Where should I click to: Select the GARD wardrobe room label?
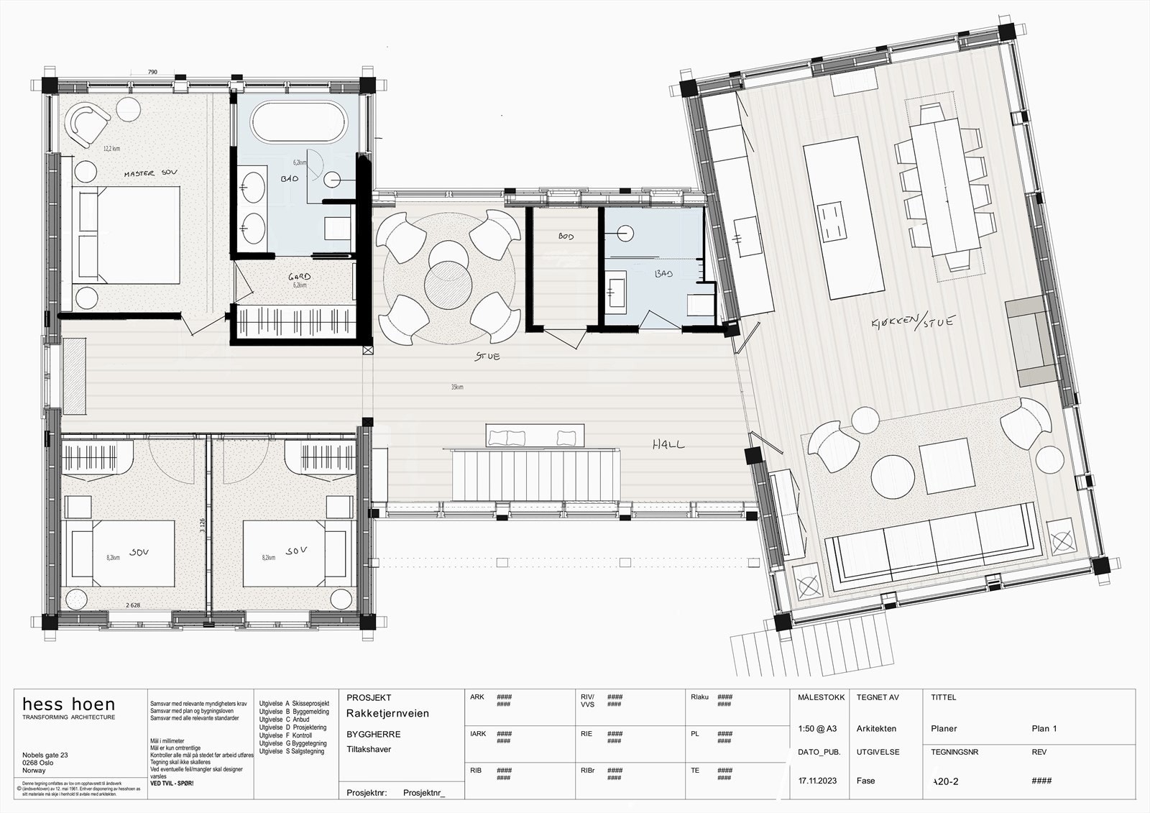click(299, 277)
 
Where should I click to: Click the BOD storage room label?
click(566, 236)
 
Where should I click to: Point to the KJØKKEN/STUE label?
click(912, 323)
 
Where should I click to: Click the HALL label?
click(668, 445)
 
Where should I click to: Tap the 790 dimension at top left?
click(152, 73)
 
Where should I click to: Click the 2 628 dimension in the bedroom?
click(133, 605)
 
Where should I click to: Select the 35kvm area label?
click(457, 387)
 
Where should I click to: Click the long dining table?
click(946, 188)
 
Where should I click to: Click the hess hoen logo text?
click(68, 704)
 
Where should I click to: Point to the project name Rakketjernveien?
click(387, 714)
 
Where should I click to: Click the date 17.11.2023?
click(817, 781)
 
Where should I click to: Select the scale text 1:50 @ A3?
click(817, 728)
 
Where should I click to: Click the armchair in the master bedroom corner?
click(88, 123)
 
